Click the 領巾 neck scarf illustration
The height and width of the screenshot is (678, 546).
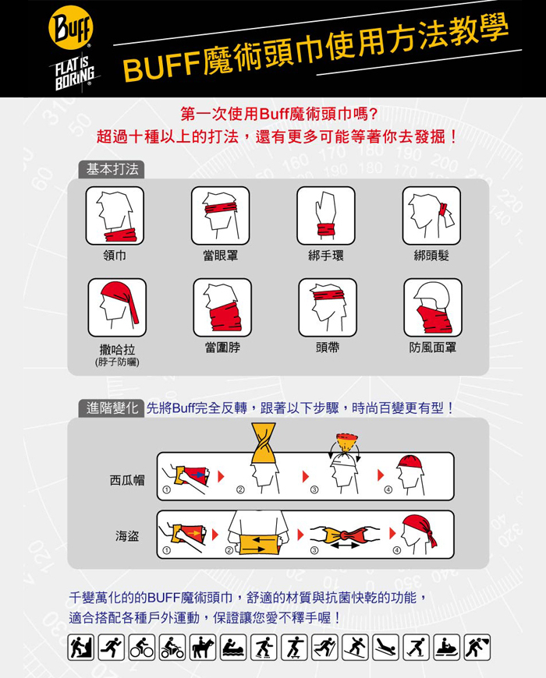pos(115,216)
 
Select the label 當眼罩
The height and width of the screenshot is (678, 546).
pos(221,256)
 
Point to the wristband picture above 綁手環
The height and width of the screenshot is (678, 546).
pos(326,216)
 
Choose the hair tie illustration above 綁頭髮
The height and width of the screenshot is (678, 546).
pos(431,216)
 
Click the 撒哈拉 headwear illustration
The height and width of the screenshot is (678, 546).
pos(117,307)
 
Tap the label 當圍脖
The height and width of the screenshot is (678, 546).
pos(222,348)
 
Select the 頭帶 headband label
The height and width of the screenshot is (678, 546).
pos(328,348)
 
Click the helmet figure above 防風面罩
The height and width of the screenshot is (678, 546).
pos(433,307)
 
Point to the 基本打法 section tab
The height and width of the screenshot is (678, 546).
pos(112,170)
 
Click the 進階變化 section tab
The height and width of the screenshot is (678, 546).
pos(112,408)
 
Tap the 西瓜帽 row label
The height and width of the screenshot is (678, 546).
pos(127,480)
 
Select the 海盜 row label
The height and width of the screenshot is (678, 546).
pos(127,536)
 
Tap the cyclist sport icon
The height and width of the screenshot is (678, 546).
pos(141,648)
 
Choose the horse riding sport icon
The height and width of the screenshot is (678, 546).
pos(203,648)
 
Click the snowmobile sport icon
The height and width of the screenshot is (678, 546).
pos(446,648)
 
